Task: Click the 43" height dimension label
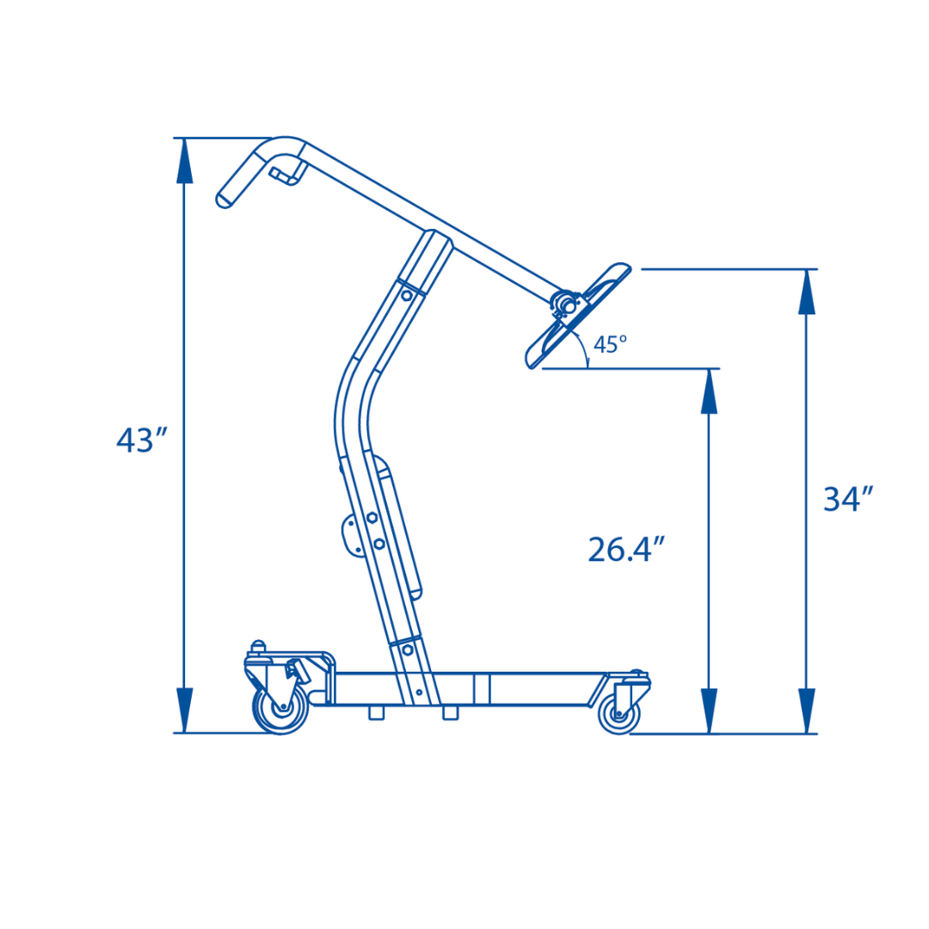(x=140, y=440)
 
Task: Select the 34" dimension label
(x=848, y=500)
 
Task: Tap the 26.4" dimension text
(x=626, y=550)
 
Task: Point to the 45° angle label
(x=610, y=345)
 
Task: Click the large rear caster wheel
(x=280, y=709)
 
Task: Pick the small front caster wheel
(x=618, y=713)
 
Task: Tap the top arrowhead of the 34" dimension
(x=806, y=292)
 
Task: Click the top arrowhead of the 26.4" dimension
(x=709, y=392)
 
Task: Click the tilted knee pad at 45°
(x=579, y=315)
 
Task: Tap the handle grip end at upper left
(x=225, y=200)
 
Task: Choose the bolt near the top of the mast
(x=407, y=296)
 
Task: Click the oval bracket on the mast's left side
(x=351, y=535)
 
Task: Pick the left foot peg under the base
(x=376, y=712)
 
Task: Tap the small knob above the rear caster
(x=256, y=645)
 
